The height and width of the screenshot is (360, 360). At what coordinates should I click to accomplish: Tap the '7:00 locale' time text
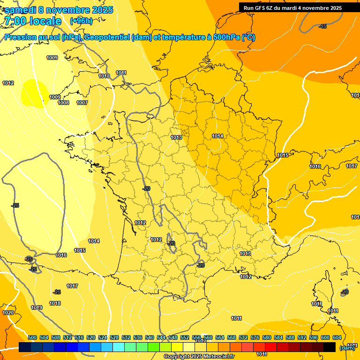pyautogui.click(x=32, y=21)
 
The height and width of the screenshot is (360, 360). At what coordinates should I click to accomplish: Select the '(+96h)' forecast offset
pyautogui.click(x=81, y=21)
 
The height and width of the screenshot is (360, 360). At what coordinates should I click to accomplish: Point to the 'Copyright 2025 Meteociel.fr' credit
pyautogui.click(x=199, y=357)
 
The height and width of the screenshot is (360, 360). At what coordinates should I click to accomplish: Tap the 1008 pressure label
pyautogui.click(x=63, y=103)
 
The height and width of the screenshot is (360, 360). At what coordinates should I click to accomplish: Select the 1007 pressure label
pyautogui.click(x=82, y=103)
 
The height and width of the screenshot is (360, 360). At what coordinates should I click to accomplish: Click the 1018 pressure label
pyautogui.click(x=55, y=304)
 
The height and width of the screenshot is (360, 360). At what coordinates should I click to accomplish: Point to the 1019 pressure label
pyautogui.click(x=37, y=308)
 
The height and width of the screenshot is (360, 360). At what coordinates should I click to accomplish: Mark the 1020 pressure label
pyautogui.click(x=8, y=313)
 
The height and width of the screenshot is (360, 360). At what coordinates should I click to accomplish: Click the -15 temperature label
pyautogui.click(x=322, y=27)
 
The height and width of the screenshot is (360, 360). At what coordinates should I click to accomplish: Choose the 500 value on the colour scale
pyautogui.click(x=32, y=337)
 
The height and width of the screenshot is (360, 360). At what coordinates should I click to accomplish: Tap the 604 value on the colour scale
pyautogui.click(x=337, y=337)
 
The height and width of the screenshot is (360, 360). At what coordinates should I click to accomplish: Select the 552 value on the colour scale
pyautogui.click(x=185, y=337)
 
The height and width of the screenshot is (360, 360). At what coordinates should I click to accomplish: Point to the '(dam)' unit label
pyautogui.click(x=347, y=348)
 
